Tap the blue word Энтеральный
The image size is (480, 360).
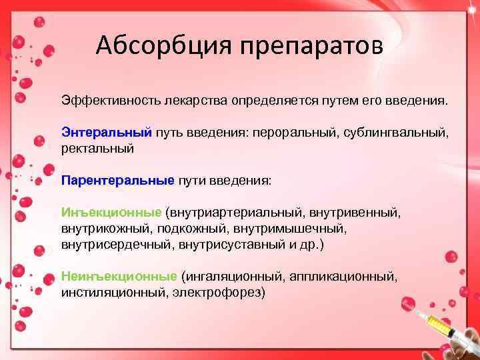pos(107,133)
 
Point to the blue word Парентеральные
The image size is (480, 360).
pos(117,180)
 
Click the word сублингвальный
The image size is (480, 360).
pos(396,133)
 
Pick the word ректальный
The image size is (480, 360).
pos(97,149)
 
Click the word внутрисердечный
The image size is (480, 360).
pos(117,245)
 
